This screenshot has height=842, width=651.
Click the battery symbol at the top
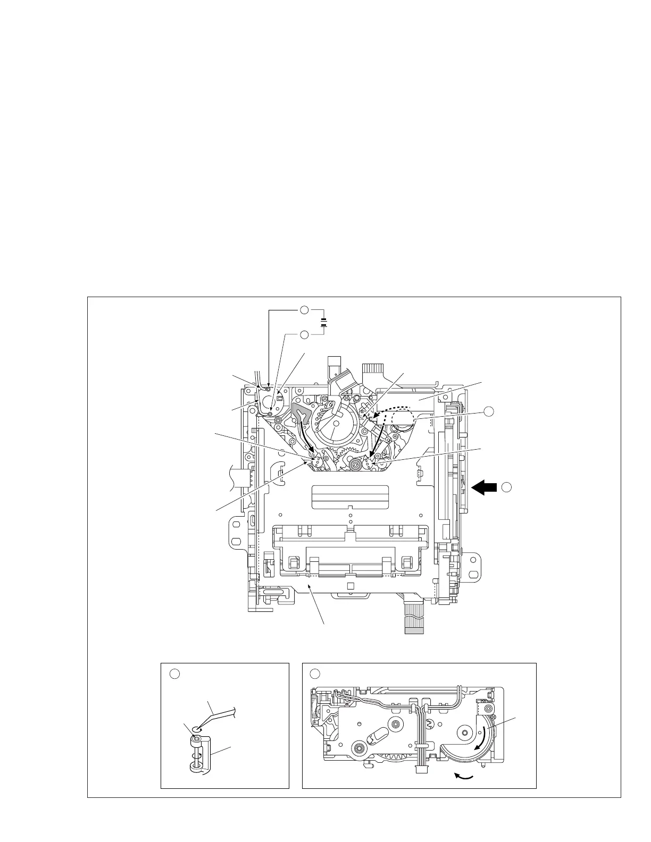click(323, 322)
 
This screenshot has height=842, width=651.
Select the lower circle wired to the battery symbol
click(303, 334)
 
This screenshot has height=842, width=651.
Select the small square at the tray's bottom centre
click(350, 585)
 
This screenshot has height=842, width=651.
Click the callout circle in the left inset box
click(173, 674)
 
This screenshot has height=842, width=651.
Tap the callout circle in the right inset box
click(314, 674)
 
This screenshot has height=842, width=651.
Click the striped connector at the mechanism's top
click(373, 369)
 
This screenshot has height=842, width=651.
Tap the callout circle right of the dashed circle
click(489, 411)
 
